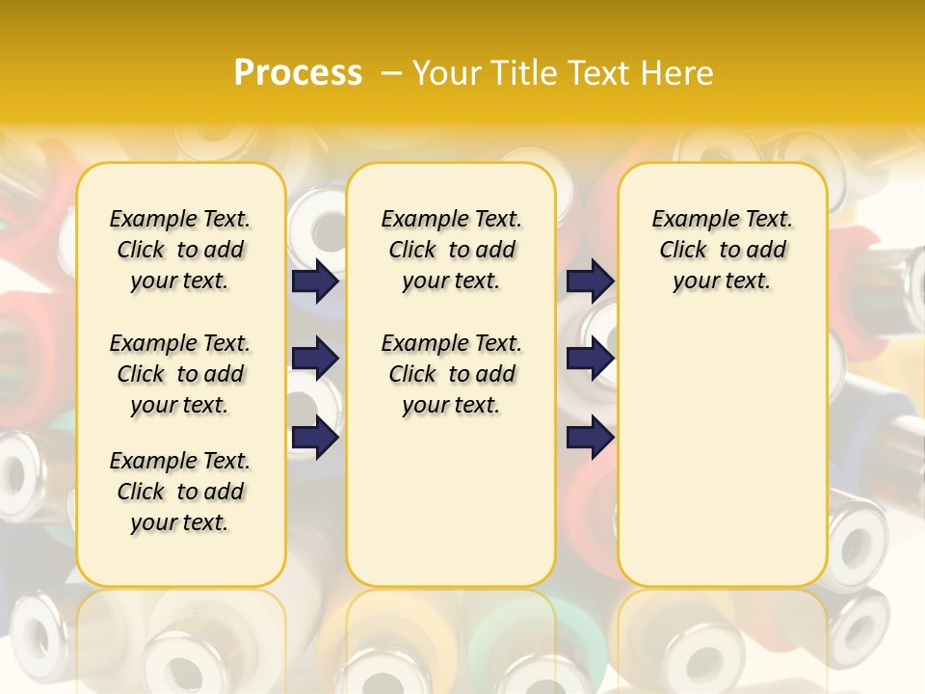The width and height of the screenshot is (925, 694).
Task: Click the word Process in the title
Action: click(298, 73)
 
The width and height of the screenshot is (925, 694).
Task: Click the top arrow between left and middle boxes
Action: click(315, 280)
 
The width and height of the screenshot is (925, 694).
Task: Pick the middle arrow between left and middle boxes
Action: click(315, 359)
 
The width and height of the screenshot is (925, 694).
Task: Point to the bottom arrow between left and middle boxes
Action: click(315, 438)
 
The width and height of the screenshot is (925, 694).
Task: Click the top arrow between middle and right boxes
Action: click(590, 280)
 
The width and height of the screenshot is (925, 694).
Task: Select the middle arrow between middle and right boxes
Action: click(590, 359)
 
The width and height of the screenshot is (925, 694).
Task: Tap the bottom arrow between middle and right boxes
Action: click(590, 438)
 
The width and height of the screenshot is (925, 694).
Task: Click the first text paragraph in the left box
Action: click(180, 250)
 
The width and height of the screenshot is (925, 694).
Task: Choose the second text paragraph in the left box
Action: click(180, 374)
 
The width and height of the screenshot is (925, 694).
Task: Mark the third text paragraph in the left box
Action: click(180, 492)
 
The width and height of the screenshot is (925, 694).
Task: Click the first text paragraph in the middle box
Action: click(451, 250)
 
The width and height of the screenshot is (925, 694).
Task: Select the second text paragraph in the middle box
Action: click(451, 374)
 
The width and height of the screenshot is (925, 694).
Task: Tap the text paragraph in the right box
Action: click(722, 250)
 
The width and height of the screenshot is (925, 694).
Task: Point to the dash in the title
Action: click(390, 73)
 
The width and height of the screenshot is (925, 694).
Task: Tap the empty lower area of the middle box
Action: click(451, 501)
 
